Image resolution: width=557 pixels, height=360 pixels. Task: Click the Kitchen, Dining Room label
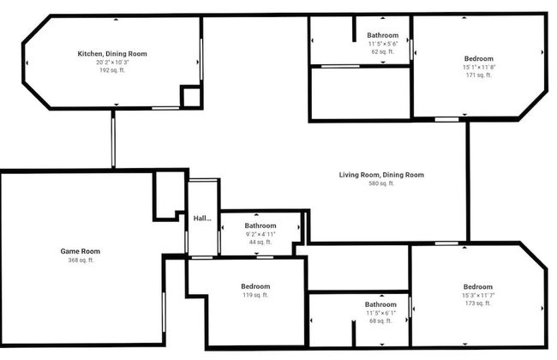[112, 54]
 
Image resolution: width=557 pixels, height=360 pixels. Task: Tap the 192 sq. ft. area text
[112, 69]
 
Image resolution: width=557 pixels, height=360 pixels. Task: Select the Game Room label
[80, 251]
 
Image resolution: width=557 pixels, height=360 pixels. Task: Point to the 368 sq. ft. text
[80, 260]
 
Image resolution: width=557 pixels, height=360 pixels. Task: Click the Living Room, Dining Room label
[381, 175]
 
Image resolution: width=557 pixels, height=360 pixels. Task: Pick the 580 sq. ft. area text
[381, 183]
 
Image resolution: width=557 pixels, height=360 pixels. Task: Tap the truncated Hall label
[202, 219]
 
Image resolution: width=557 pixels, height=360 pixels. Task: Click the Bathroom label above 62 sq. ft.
[383, 36]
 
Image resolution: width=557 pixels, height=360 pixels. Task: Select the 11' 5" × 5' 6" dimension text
[383, 44]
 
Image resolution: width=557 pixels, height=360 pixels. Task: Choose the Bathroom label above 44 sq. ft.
[261, 225]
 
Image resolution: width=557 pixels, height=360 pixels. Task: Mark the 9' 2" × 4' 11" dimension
[261, 234]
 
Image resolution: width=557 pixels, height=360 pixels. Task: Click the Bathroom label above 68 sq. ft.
[380, 304]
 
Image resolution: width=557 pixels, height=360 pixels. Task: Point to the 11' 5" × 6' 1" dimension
[380, 313]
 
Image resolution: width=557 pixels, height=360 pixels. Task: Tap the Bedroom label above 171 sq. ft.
[478, 59]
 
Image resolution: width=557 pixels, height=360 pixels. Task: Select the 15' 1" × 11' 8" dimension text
[478, 67]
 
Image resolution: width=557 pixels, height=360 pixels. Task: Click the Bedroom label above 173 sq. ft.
[478, 287]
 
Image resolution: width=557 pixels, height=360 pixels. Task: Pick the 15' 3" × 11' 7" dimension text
[478, 296]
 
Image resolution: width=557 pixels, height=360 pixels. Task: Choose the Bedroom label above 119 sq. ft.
[255, 286]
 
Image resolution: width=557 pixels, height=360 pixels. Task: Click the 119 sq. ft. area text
[255, 295]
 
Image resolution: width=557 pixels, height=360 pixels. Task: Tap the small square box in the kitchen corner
[190, 96]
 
